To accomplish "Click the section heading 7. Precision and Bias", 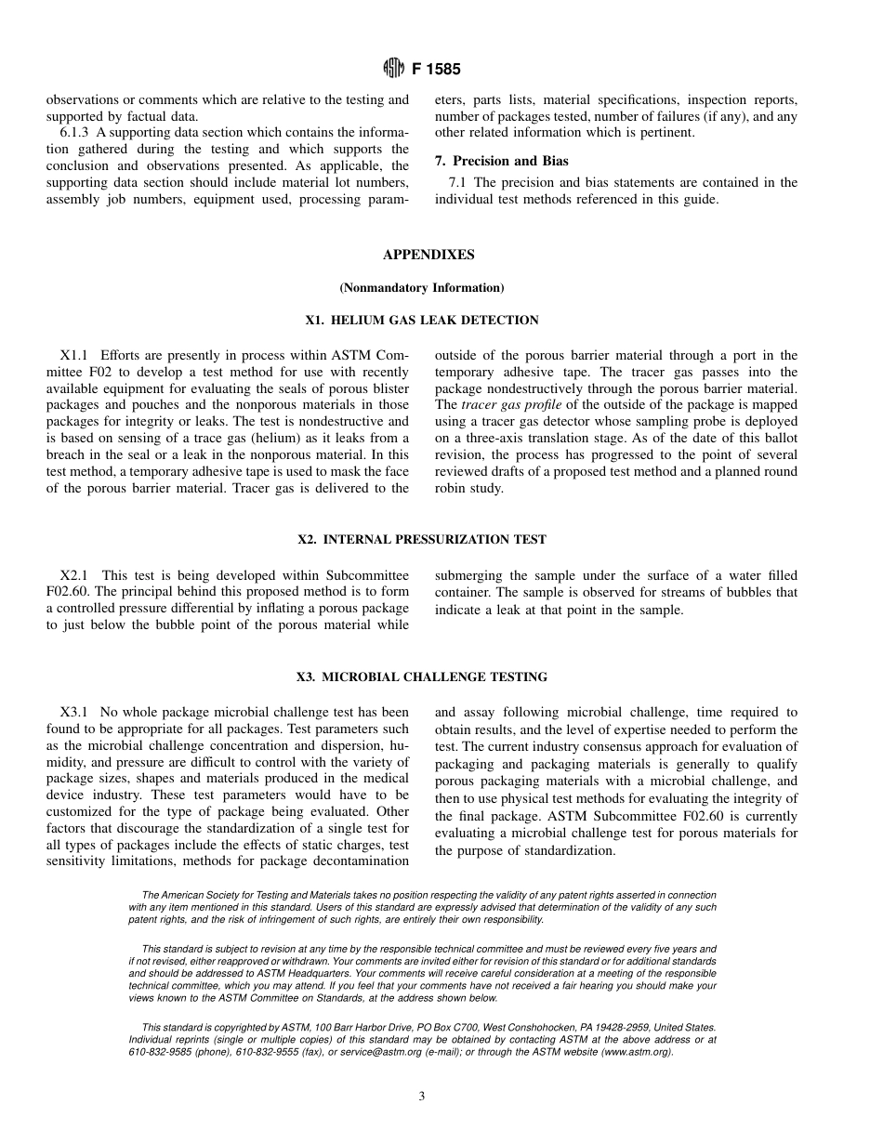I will click(502, 161).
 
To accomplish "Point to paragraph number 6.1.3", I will click(77, 133).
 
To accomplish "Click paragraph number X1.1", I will click(76, 355).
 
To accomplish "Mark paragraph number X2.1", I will click(77, 574).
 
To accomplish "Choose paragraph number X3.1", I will click(76, 713).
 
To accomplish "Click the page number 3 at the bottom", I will click(421, 1097).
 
